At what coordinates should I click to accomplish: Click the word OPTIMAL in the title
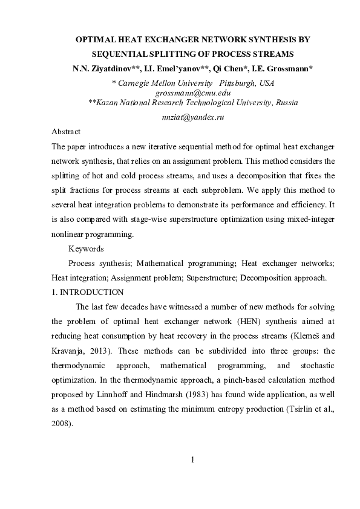(95, 39)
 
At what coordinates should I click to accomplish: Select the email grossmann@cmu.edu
(193, 93)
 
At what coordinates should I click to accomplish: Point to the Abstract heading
(66, 132)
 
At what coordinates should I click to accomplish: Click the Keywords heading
(86, 248)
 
